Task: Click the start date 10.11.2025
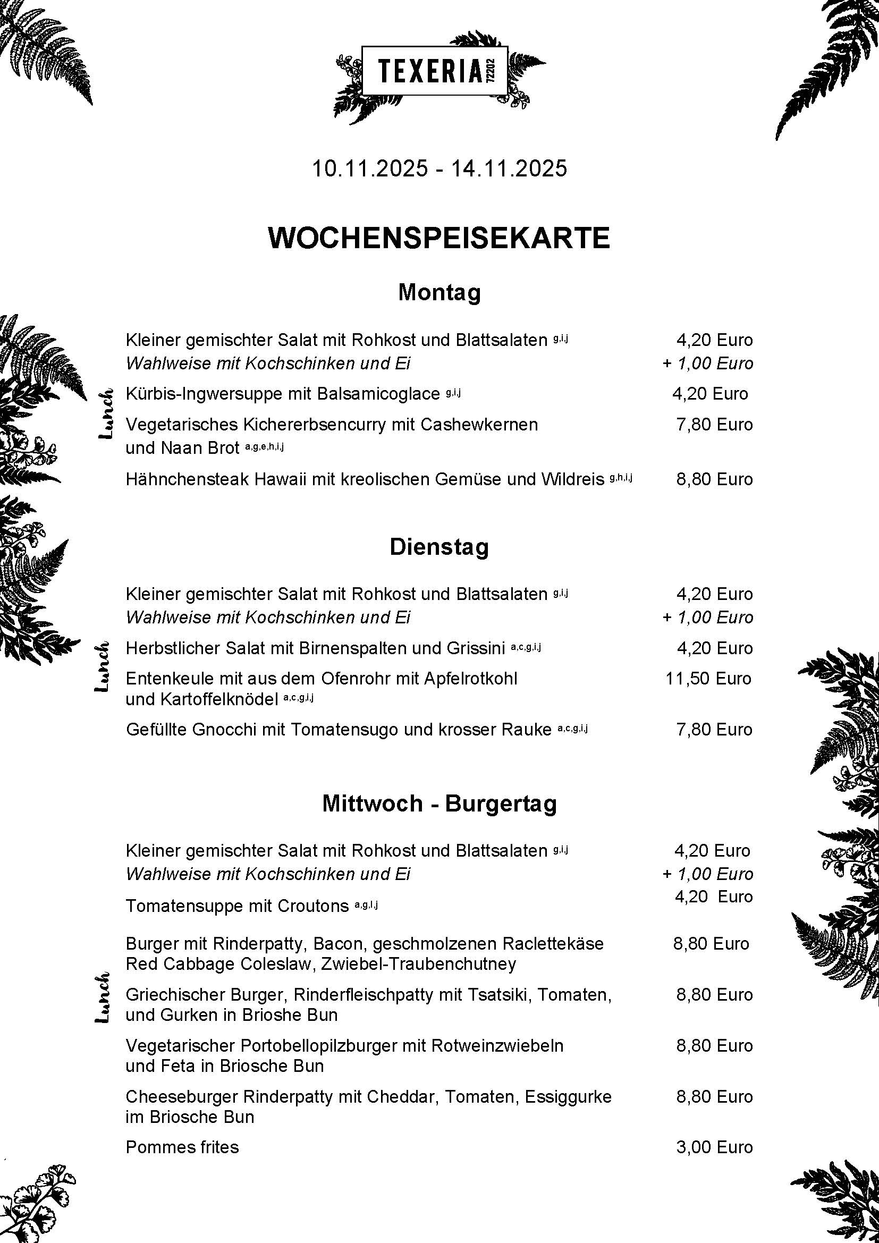point(370,168)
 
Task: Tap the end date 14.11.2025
point(509,168)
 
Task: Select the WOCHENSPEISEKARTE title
point(439,238)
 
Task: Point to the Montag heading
point(439,293)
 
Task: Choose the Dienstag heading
point(439,547)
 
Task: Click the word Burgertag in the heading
point(501,804)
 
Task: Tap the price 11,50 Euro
point(708,678)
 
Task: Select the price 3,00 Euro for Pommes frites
point(714,1147)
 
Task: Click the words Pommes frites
point(182,1147)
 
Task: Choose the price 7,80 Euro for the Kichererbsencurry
point(714,425)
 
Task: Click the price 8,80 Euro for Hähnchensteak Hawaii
point(714,479)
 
